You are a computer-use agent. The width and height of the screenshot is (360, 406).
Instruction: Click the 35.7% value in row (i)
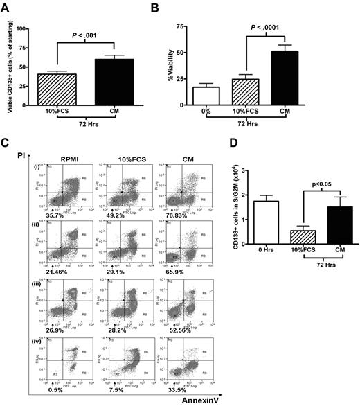coord(55,215)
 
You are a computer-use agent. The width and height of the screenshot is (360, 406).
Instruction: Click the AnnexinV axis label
coord(195,398)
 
